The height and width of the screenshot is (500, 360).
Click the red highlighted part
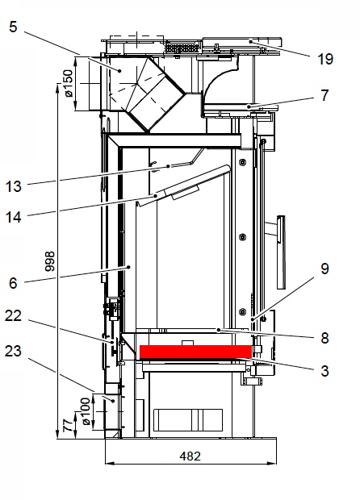pos(195,352)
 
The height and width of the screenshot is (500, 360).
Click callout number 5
pos(13,27)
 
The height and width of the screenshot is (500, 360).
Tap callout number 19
pos(325,59)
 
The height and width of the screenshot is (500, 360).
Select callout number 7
pos(324,95)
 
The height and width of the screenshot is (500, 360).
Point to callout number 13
pos(14,186)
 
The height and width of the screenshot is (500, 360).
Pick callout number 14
pos(14,218)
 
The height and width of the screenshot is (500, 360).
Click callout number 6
pos(13,283)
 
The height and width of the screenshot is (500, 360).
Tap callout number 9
pos(324,269)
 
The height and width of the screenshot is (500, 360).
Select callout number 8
pos(324,338)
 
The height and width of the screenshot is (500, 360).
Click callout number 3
pos(324,371)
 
